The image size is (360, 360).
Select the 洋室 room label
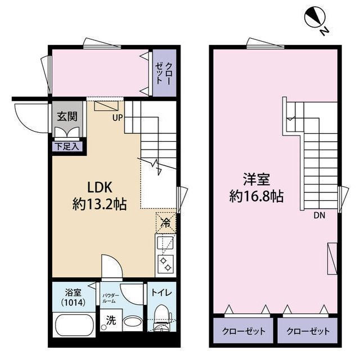256,180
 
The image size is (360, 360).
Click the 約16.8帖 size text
256,196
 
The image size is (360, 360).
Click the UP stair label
117,118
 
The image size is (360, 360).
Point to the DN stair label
319,214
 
